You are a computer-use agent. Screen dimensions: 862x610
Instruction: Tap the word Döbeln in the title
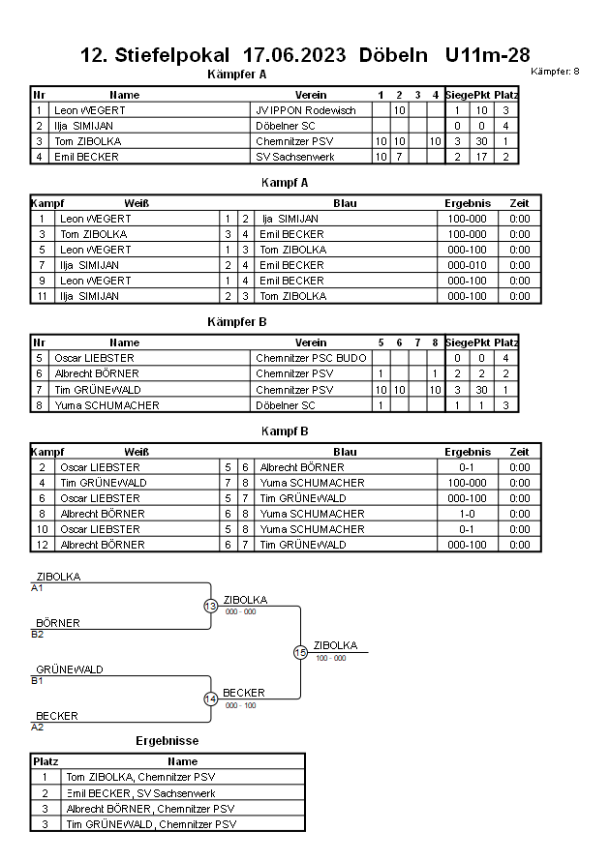pyautogui.click(x=393, y=55)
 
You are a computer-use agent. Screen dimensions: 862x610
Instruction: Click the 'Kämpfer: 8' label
pyautogui.click(x=556, y=72)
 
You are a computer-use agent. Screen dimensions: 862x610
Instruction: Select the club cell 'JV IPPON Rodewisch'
pyautogui.click(x=305, y=110)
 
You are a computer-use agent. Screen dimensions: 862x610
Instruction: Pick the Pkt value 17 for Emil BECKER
pyautogui.click(x=481, y=157)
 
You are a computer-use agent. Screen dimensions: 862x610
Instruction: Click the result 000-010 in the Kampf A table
pyautogui.click(x=467, y=265)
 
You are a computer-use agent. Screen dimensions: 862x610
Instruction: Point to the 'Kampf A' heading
pyautogui.click(x=285, y=182)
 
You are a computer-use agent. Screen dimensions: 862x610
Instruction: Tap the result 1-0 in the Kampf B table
pyautogui.click(x=467, y=514)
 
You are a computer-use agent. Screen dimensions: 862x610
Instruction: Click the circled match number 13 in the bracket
pyautogui.click(x=210, y=607)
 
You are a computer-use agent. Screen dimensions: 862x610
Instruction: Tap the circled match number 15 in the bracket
pyautogui.click(x=300, y=653)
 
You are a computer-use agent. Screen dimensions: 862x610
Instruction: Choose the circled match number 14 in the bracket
pyautogui.click(x=210, y=699)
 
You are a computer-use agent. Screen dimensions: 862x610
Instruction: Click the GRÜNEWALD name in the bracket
pyautogui.click(x=70, y=669)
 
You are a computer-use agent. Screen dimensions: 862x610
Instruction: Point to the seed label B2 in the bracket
pyautogui.click(x=38, y=634)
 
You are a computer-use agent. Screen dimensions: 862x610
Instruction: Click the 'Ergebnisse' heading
pyautogui.click(x=168, y=741)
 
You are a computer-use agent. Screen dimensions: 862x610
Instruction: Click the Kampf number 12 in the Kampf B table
pyautogui.click(x=43, y=545)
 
